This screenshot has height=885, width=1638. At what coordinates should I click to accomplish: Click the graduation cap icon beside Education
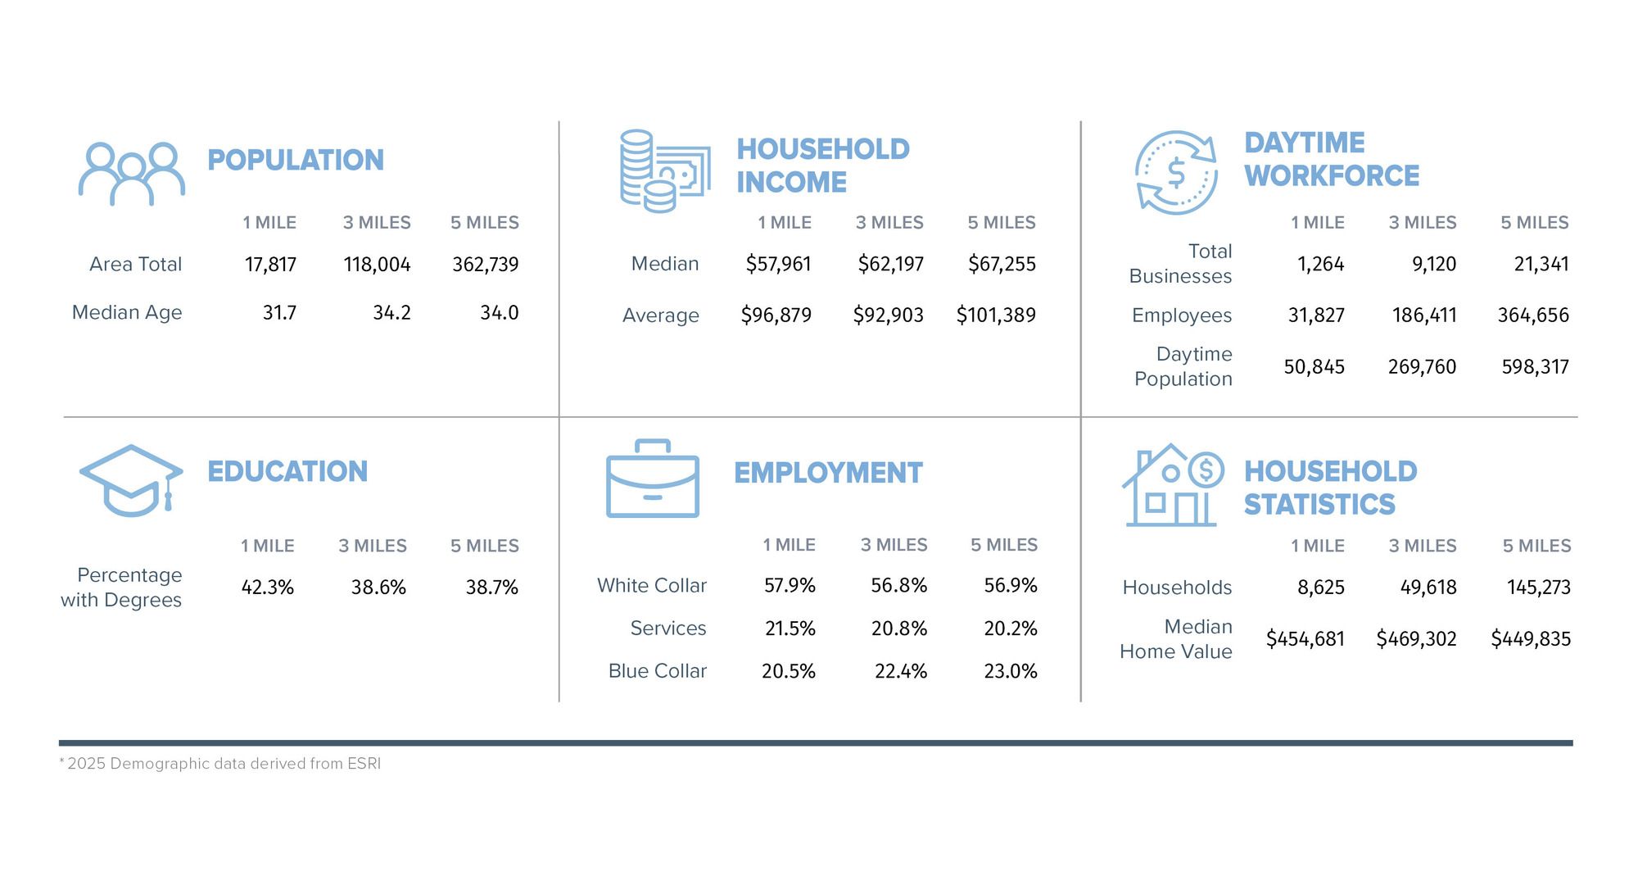tap(131, 480)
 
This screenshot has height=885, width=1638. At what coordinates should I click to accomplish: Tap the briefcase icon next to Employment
tap(653, 479)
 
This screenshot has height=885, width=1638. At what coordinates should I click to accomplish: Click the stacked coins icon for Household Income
tap(664, 171)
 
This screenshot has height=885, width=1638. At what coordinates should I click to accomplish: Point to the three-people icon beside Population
tap(131, 174)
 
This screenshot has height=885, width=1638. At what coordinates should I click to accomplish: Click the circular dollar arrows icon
tap(1176, 173)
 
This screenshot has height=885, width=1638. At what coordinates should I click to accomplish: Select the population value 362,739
tap(485, 265)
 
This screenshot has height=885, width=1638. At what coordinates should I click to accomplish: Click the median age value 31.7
tap(279, 313)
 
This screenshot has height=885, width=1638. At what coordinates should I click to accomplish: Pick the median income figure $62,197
tap(890, 264)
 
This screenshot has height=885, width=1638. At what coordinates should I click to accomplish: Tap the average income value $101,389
tap(996, 315)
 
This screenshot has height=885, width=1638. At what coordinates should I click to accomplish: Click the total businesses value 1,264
tap(1320, 264)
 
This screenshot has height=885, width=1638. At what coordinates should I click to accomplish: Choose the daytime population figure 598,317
tap(1535, 367)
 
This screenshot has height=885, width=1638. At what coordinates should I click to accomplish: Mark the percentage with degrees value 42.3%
tap(267, 588)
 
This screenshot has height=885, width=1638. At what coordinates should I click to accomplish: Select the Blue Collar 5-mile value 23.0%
tap(1010, 672)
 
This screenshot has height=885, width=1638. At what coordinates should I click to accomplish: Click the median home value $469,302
tap(1416, 639)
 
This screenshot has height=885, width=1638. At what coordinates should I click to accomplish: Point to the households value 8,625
tap(1320, 588)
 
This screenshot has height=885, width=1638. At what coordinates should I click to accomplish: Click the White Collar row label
tap(651, 586)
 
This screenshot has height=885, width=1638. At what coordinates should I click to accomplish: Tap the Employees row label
tap(1181, 315)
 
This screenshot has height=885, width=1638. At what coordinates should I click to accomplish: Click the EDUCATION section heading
tap(287, 472)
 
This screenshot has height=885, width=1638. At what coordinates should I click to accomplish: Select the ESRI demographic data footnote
tap(220, 764)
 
